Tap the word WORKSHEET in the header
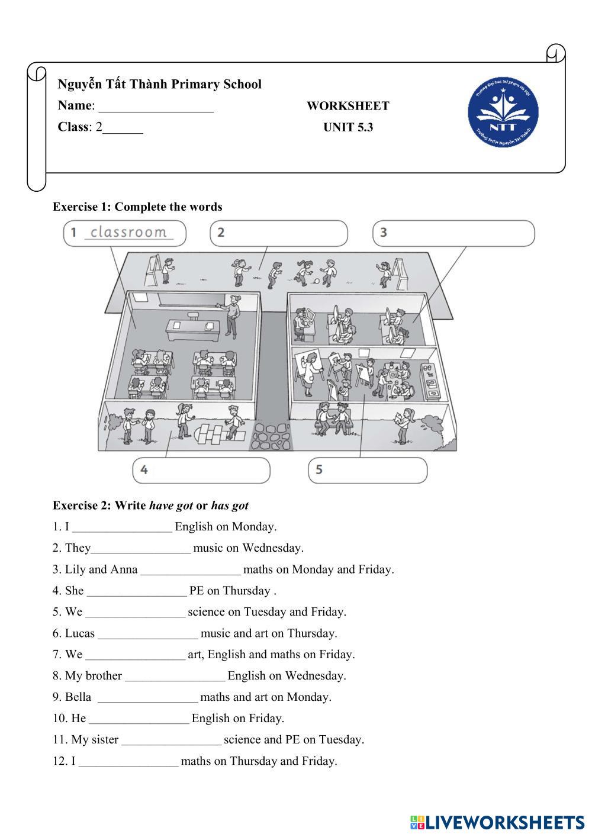(348, 106)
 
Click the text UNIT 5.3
(348, 127)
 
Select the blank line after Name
(156, 107)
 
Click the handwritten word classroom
(128, 232)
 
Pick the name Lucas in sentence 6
(79, 633)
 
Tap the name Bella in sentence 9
(78, 697)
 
